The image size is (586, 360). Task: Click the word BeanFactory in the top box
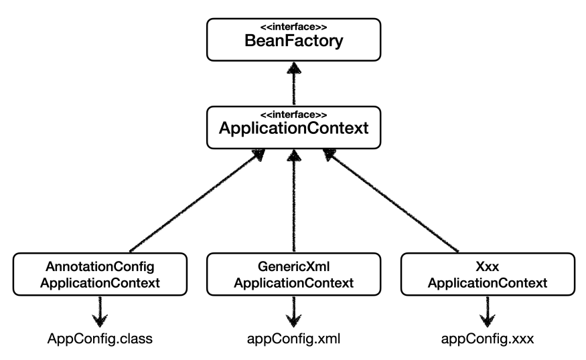(294, 41)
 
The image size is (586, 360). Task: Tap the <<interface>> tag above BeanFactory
(294, 27)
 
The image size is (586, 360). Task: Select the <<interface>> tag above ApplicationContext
(294, 114)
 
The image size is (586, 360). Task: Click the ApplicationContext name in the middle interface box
(294, 128)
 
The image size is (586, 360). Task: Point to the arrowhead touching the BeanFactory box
(294, 68)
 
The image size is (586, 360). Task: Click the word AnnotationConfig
(100, 266)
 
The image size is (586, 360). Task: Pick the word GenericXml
(294, 266)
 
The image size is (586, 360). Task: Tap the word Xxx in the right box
(488, 266)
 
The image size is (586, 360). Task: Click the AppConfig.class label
(100, 339)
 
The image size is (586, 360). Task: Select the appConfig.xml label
(294, 339)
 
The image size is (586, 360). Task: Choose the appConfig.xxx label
(488, 339)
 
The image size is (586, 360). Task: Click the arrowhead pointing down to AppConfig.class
(100, 321)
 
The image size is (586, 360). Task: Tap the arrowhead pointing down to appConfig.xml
(294, 321)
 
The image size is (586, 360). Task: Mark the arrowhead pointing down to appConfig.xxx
(488, 321)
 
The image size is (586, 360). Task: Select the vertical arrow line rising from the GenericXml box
(294, 201)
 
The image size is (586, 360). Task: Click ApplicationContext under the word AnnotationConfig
(100, 283)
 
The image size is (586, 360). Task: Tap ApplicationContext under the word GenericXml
(294, 283)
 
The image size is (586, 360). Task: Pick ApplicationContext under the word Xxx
(488, 283)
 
